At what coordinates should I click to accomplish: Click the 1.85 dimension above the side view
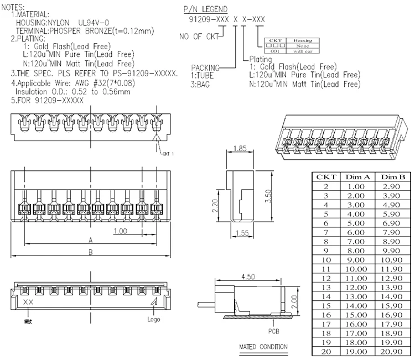tap(240, 148)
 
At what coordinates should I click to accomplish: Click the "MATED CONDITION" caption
tap(263, 347)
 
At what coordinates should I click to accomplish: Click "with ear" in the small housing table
tap(302, 52)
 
